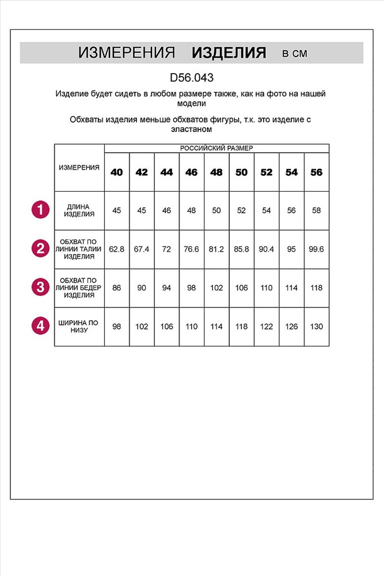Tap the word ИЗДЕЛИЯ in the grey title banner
coord(229,54)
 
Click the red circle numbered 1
coord(40,210)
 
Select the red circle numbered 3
coord(40,287)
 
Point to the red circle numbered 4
coord(40,326)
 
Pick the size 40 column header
coord(117,172)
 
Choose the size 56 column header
coord(317,172)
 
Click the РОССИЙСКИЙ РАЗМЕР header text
coord(216,148)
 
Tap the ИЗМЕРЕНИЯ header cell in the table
coord(79,167)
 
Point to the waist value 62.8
coord(117,249)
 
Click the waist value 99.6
coord(317,249)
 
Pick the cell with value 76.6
coord(192,249)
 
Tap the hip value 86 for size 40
coord(117,287)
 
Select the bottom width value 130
coord(317,326)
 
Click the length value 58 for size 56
coord(317,210)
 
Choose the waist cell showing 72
coord(167,249)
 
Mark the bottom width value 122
coord(267,326)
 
